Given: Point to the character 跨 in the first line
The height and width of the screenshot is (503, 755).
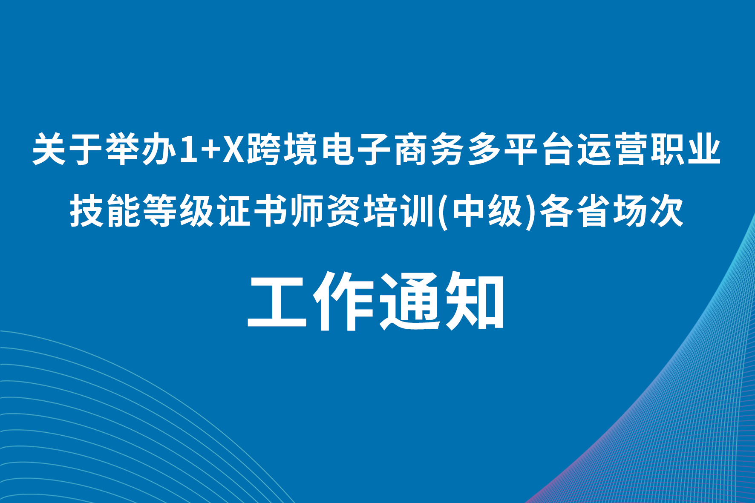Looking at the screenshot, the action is tap(265, 149).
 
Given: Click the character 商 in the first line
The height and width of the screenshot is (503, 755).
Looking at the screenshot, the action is tap(411, 149).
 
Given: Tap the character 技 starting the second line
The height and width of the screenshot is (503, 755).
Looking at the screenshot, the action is tap(87, 210).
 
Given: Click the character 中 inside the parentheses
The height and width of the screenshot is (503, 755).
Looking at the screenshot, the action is tap(468, 210).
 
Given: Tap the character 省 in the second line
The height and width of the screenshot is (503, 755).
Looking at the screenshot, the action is tap(593, 210).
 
